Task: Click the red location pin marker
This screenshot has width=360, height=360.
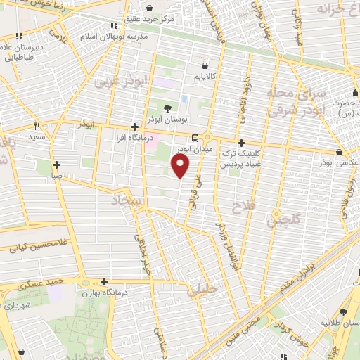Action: coord(181,166)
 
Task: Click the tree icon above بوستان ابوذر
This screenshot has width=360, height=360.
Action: coord(167,108)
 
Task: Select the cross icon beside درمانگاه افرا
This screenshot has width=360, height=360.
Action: coord(134,127)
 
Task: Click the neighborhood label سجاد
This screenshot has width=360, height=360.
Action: coord(127,202)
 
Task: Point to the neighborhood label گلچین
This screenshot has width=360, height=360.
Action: coord(276,221)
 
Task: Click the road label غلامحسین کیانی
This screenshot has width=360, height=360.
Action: coord(32,247)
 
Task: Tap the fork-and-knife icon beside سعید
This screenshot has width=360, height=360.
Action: coord(37,127)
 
